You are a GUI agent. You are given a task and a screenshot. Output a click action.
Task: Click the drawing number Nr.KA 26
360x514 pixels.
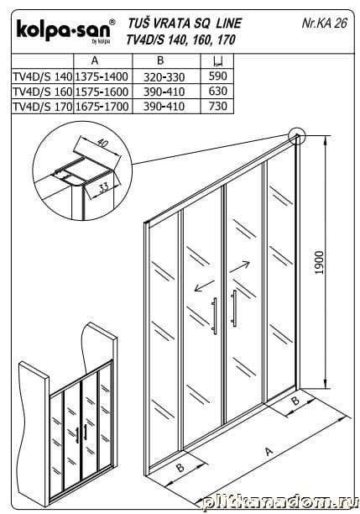pos(324,23)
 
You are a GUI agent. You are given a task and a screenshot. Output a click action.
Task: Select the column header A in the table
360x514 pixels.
pos(95,60)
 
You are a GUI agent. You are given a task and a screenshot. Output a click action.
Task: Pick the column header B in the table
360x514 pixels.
pos(160,60)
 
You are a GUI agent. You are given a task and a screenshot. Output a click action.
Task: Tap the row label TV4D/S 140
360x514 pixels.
pos(43,76)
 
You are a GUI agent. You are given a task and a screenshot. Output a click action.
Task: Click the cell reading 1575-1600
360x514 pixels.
pos(102,92)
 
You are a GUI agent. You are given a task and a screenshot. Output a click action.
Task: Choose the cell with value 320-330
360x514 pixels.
pos(164,77)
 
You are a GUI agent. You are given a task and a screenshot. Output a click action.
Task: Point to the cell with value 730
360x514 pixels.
pos(218,106)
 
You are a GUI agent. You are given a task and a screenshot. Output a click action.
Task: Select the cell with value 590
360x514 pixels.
pos(218,76)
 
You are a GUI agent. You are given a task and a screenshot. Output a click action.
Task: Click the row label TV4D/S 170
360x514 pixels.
pos(43,106)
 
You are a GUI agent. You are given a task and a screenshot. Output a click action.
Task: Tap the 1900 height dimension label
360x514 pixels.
pos(319,263)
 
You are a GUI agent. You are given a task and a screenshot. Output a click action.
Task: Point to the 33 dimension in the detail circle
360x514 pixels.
pos(103,187)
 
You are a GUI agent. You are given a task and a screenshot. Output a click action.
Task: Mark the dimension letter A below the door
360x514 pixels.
pos(269,452)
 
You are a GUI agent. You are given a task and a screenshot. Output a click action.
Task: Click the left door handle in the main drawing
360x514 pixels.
pos(214,316)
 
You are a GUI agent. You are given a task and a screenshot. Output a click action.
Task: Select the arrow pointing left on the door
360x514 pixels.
pos(204,286)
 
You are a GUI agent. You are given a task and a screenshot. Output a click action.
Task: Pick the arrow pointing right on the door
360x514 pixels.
pos(239,267)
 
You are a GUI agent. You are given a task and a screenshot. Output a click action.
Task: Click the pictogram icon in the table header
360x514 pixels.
pos(217,60)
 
